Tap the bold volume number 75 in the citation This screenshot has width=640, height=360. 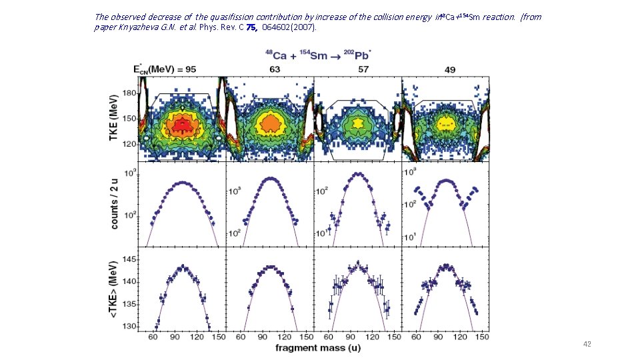250,28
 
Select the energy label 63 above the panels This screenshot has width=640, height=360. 274,69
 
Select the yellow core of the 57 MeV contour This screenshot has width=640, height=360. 359,123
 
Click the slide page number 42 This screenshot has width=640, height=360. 587,344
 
